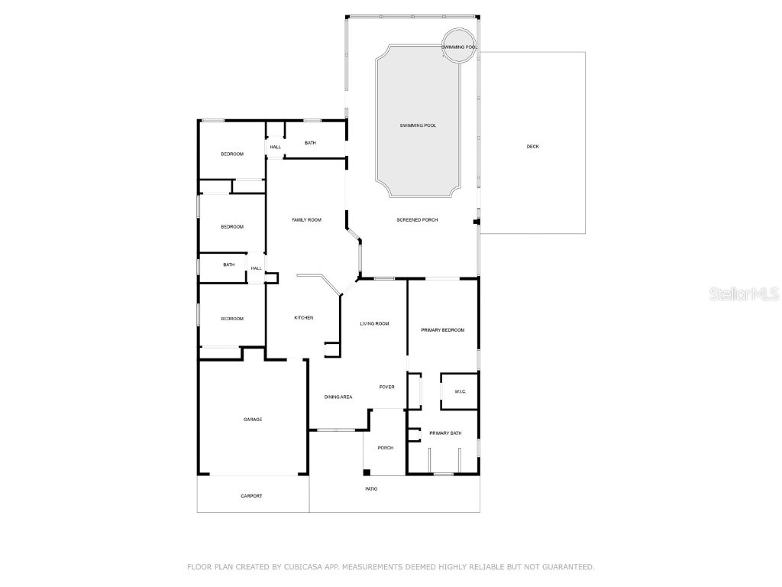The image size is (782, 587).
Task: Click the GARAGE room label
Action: pos(253,419)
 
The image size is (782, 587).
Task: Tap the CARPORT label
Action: pos(251,496)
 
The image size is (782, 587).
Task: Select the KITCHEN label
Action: pos(304,318)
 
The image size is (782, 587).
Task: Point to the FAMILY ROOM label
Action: pos(306,220)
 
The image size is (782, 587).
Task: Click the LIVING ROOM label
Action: pos(374,323)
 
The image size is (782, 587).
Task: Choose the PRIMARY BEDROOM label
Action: pos(443,330)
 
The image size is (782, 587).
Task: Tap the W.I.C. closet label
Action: pos(460,392)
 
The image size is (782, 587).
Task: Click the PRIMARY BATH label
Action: pos(445,433)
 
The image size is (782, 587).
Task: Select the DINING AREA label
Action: pos(338,397)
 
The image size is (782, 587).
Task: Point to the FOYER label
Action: pos(387,387)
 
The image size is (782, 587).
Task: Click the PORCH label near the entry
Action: pos(386,447)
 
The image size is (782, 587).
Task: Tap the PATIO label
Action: pos(371,488)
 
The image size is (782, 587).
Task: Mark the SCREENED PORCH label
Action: pos(417,220)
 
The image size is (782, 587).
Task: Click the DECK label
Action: pos(532,146)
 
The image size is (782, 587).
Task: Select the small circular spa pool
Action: pos(459,43)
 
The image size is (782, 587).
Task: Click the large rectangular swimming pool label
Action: pos(418,125)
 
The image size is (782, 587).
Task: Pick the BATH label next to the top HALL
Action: pos(310,143)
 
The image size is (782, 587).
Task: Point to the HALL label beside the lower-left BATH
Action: pos(257,268)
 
